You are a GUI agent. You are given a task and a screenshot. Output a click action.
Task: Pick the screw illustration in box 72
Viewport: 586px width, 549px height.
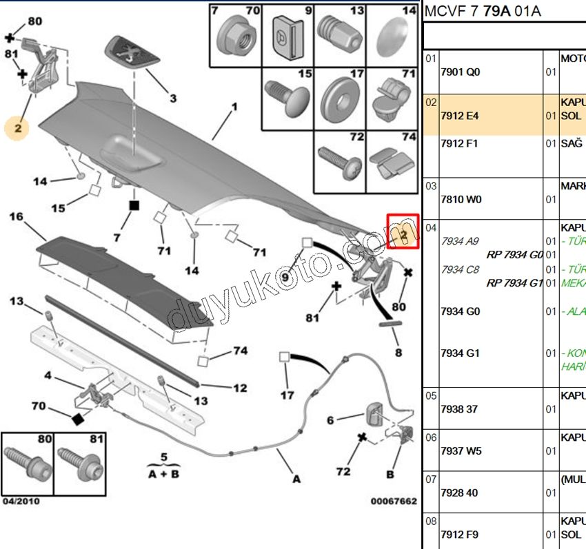(340, 162)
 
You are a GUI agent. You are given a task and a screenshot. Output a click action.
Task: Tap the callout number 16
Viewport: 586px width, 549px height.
(17, 218)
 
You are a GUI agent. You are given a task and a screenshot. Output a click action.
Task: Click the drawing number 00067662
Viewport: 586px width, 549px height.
(394, 501)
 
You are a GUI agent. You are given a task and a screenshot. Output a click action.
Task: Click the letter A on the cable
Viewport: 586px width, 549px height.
(296, 479)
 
